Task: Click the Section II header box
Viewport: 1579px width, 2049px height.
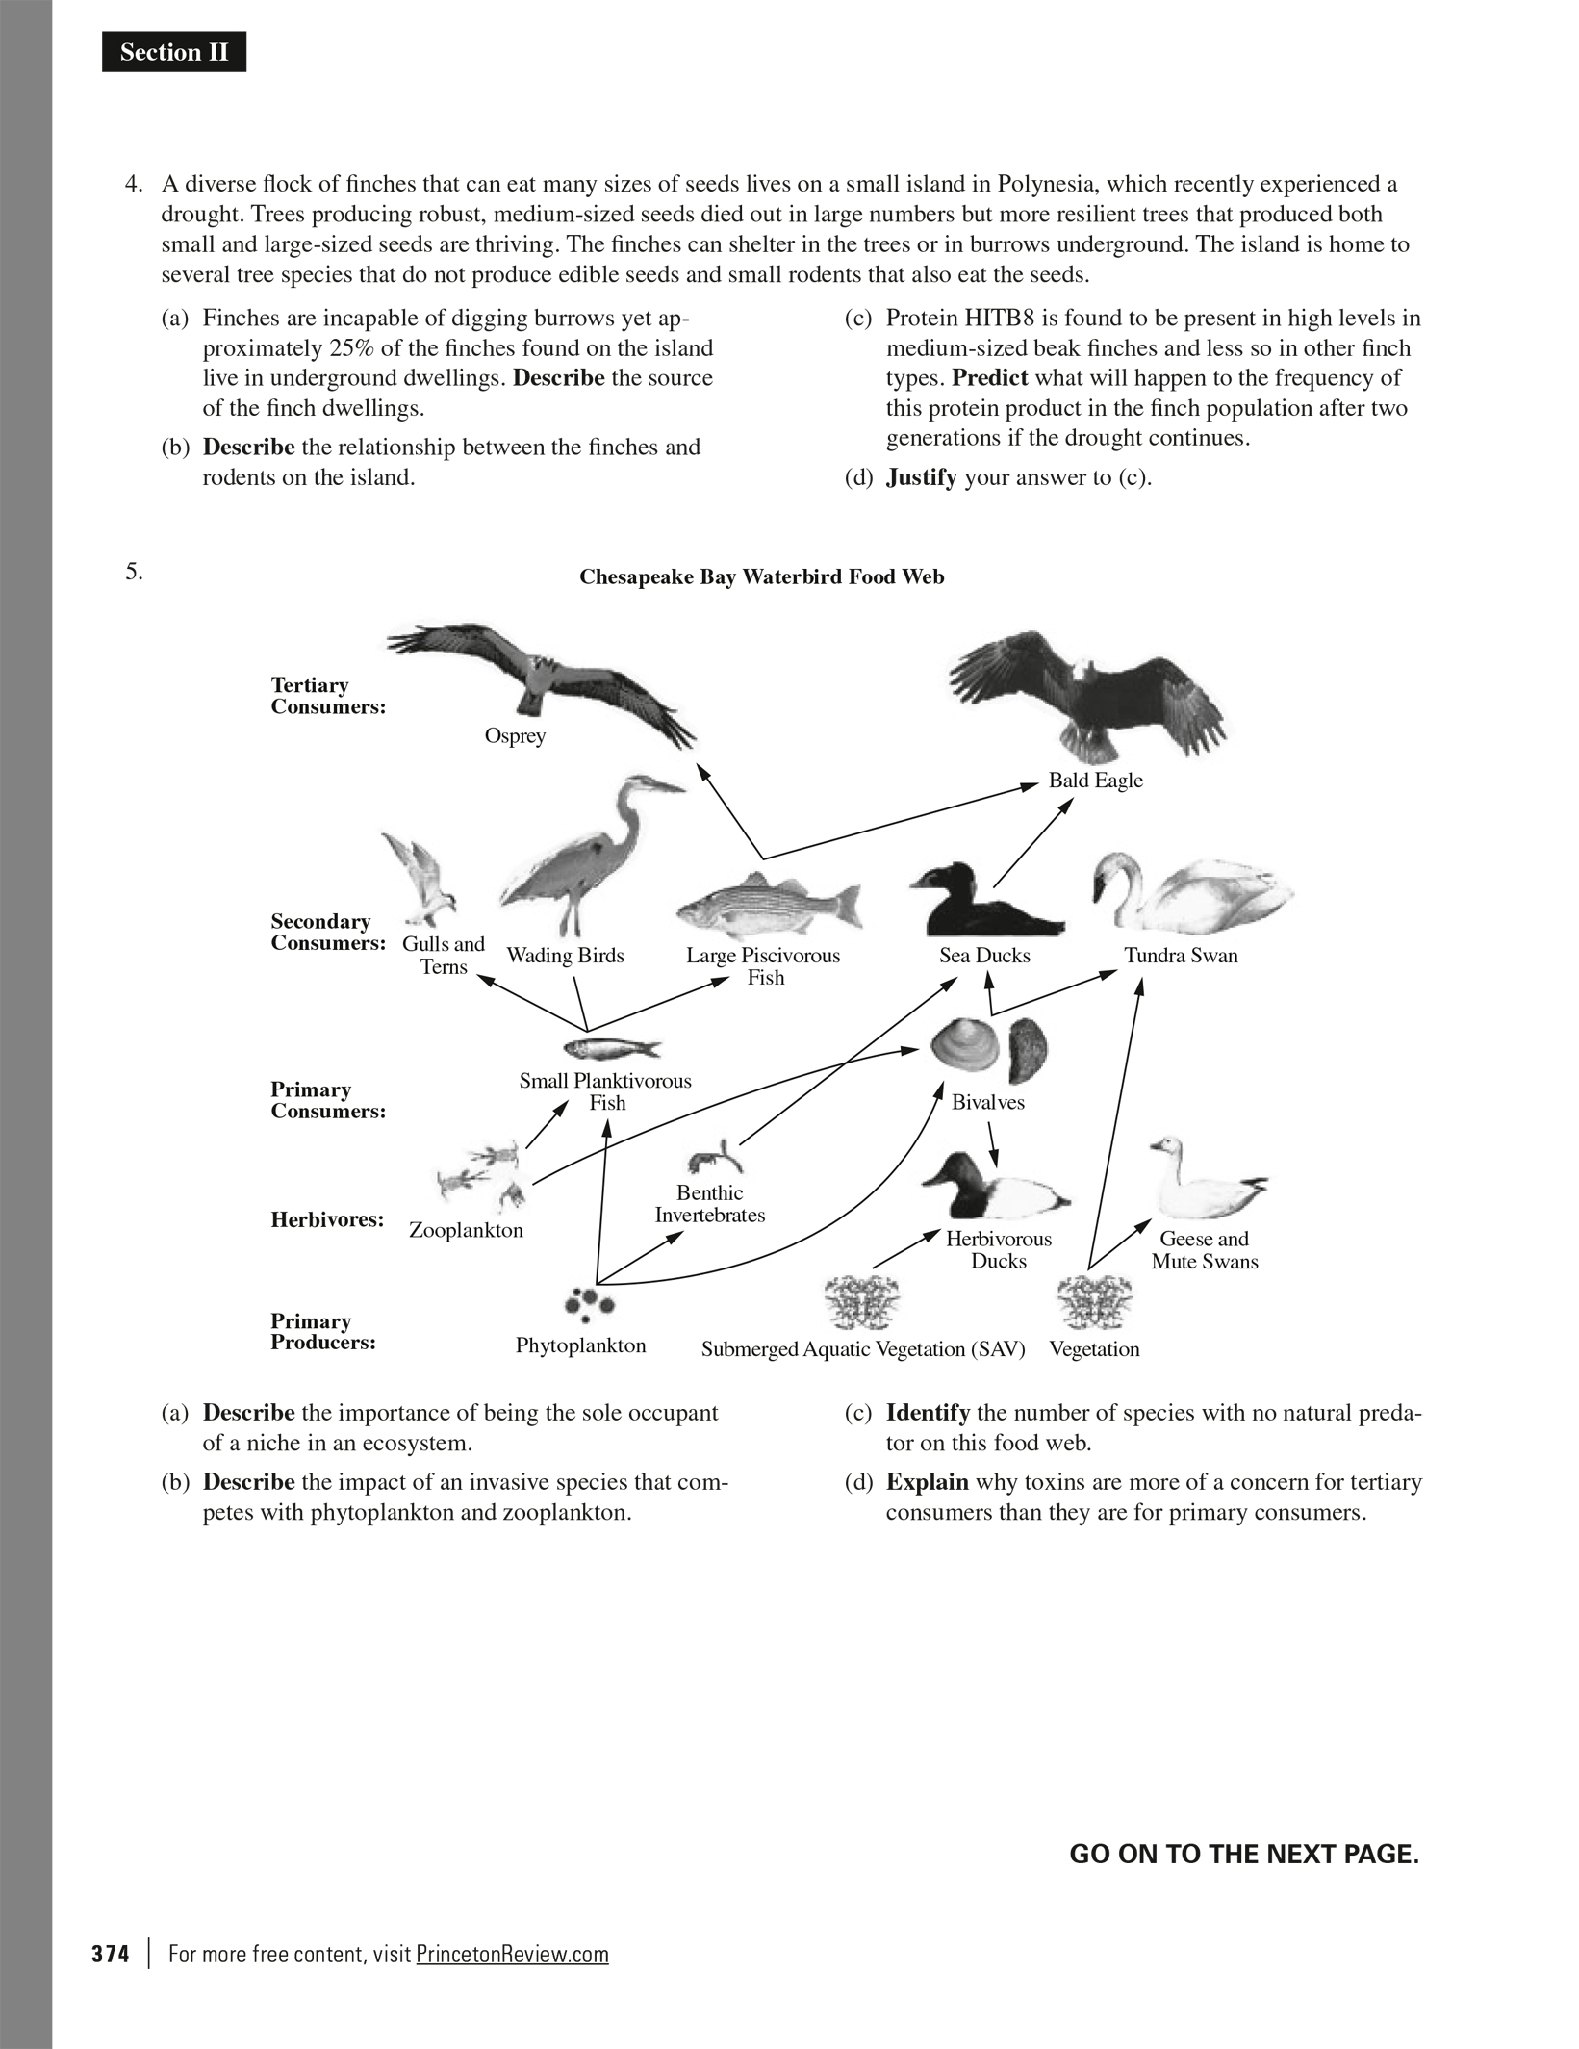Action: click(174, 52)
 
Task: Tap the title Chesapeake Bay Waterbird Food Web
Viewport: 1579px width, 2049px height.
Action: click(761, 576)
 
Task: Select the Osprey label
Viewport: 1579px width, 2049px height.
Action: click(515, 736)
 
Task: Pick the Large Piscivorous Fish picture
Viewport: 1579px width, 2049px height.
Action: click(769, 906)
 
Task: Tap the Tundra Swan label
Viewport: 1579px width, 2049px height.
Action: click(1181, 956)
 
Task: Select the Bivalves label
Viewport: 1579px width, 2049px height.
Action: click(988, 1103)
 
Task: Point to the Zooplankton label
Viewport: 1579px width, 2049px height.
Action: click(466, 1230)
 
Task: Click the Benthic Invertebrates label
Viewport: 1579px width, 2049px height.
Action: click(710, 1204)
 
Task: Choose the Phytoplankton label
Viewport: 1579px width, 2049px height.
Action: click(580, 1345)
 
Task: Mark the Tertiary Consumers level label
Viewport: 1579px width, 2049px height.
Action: click(327, 696)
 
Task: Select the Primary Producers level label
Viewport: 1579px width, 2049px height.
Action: click(322, 1332)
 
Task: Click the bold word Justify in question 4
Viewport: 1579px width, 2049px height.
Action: click(921, 477)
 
